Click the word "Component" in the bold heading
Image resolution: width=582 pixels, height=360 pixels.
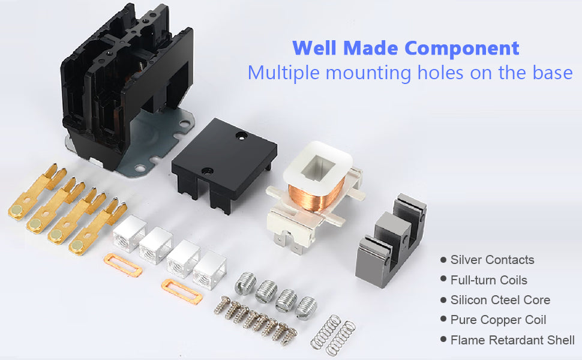click(x=462, y=48)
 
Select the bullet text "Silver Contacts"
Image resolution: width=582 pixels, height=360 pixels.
click(x=492, y=260)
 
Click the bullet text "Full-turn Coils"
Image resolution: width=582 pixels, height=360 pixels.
click(x=489, y=280)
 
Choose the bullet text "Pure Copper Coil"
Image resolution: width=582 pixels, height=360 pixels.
click(x=498, y=320)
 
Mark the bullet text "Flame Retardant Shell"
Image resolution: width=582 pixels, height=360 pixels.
click(x=512, y=340)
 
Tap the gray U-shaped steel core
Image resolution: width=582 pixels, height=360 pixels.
click(x=390, y=240)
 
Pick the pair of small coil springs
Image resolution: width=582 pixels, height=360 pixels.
click(x=333, y=333)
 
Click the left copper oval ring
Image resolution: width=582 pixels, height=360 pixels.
click(x=122, y=265)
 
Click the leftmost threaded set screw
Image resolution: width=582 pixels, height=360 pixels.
click(x=245, y=282)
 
